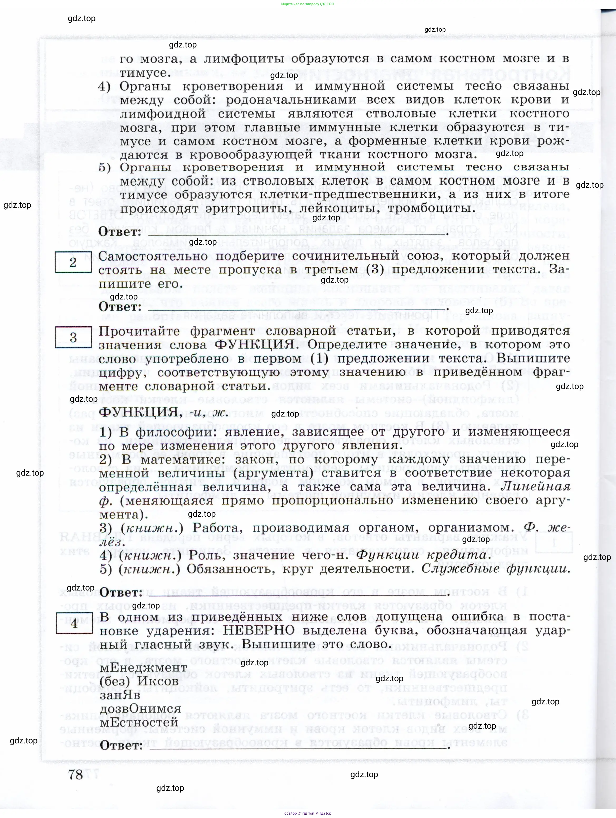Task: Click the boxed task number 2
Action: click(x=73, y=262)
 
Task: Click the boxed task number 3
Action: click(x=73, y=337)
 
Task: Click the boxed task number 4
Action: click(x=74, y=623)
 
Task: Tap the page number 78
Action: click(x=75, y=774)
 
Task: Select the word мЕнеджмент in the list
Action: click(x=143, y=667)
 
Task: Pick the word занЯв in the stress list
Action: click(x=120, y=695)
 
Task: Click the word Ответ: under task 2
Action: click(x=120, y=307)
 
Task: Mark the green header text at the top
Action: click(x=307, y=4)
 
